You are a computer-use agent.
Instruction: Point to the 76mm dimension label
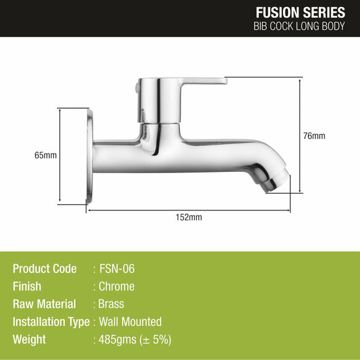pos(314,136)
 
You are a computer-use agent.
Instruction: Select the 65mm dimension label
pos(47,155)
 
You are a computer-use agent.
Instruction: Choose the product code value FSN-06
pos(117,269)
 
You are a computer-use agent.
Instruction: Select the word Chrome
pos(117,286)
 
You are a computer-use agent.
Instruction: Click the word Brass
pos(112,304)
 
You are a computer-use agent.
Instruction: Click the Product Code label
pos(45,269)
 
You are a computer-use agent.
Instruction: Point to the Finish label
pos(27,286)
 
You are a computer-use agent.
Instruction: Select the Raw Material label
pos(44,304)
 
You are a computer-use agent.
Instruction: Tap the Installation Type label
pos(51,322)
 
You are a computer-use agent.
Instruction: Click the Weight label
pos(29,340)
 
